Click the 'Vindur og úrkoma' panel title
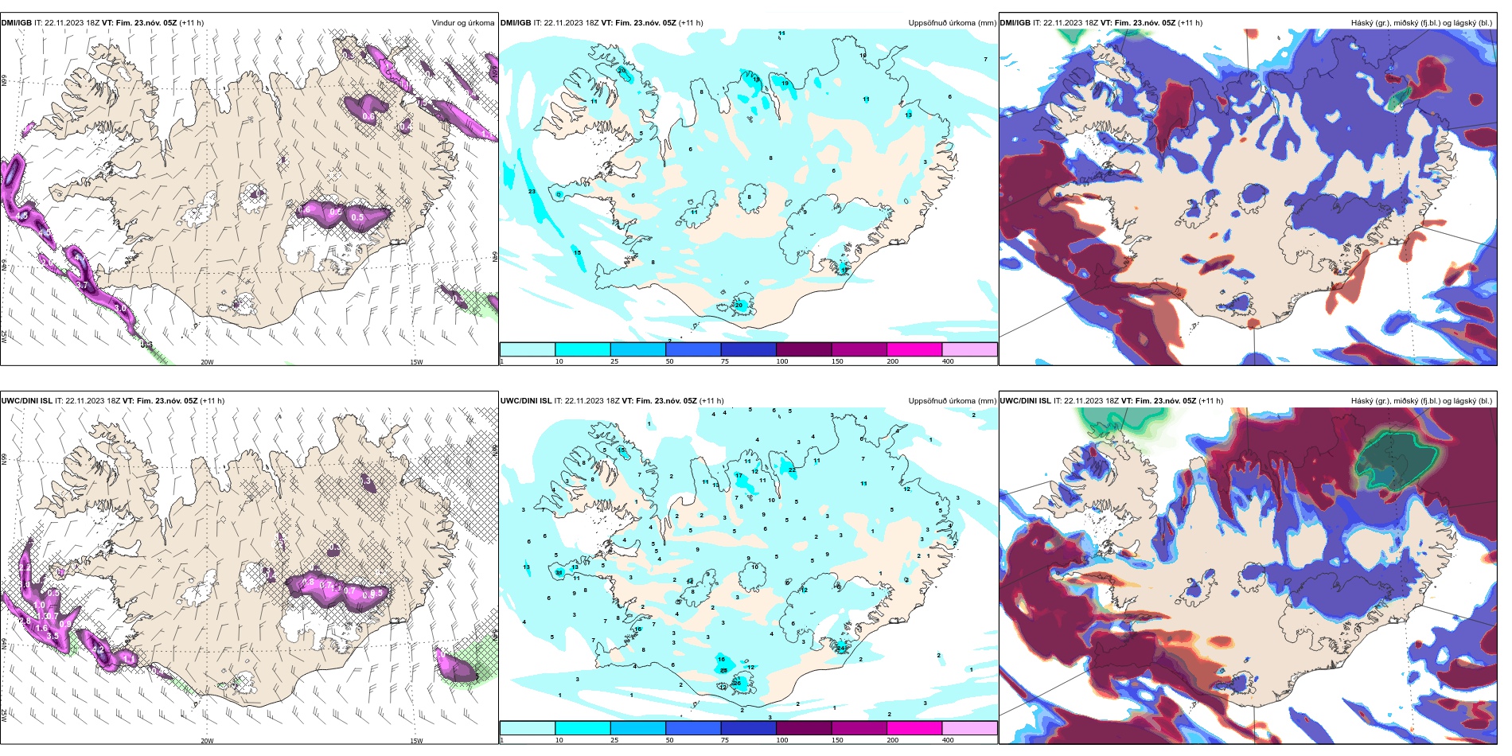(462, 23)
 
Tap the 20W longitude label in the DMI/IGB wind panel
(207, 362)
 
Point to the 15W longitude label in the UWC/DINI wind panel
(416, 741)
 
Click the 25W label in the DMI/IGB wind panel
(4, 337)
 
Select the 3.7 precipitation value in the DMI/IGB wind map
(82, 285)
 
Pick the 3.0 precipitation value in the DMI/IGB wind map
(120, 308)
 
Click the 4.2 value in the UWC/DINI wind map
(99, 649)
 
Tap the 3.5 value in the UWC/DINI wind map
(53, 637)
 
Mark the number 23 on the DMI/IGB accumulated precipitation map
(532, 192)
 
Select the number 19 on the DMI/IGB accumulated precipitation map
(785, 84)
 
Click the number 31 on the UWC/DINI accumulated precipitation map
(559, 572)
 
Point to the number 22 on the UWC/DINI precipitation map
(793, 470)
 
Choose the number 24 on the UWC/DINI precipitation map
(841, 648)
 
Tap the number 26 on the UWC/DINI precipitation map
(737, 683)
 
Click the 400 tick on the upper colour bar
(948, 361)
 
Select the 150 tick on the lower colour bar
(837, 740)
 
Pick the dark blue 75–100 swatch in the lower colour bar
(748, 728)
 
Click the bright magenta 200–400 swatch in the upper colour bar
(914, 349)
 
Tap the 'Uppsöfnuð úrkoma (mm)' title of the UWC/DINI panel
(952, 401)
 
